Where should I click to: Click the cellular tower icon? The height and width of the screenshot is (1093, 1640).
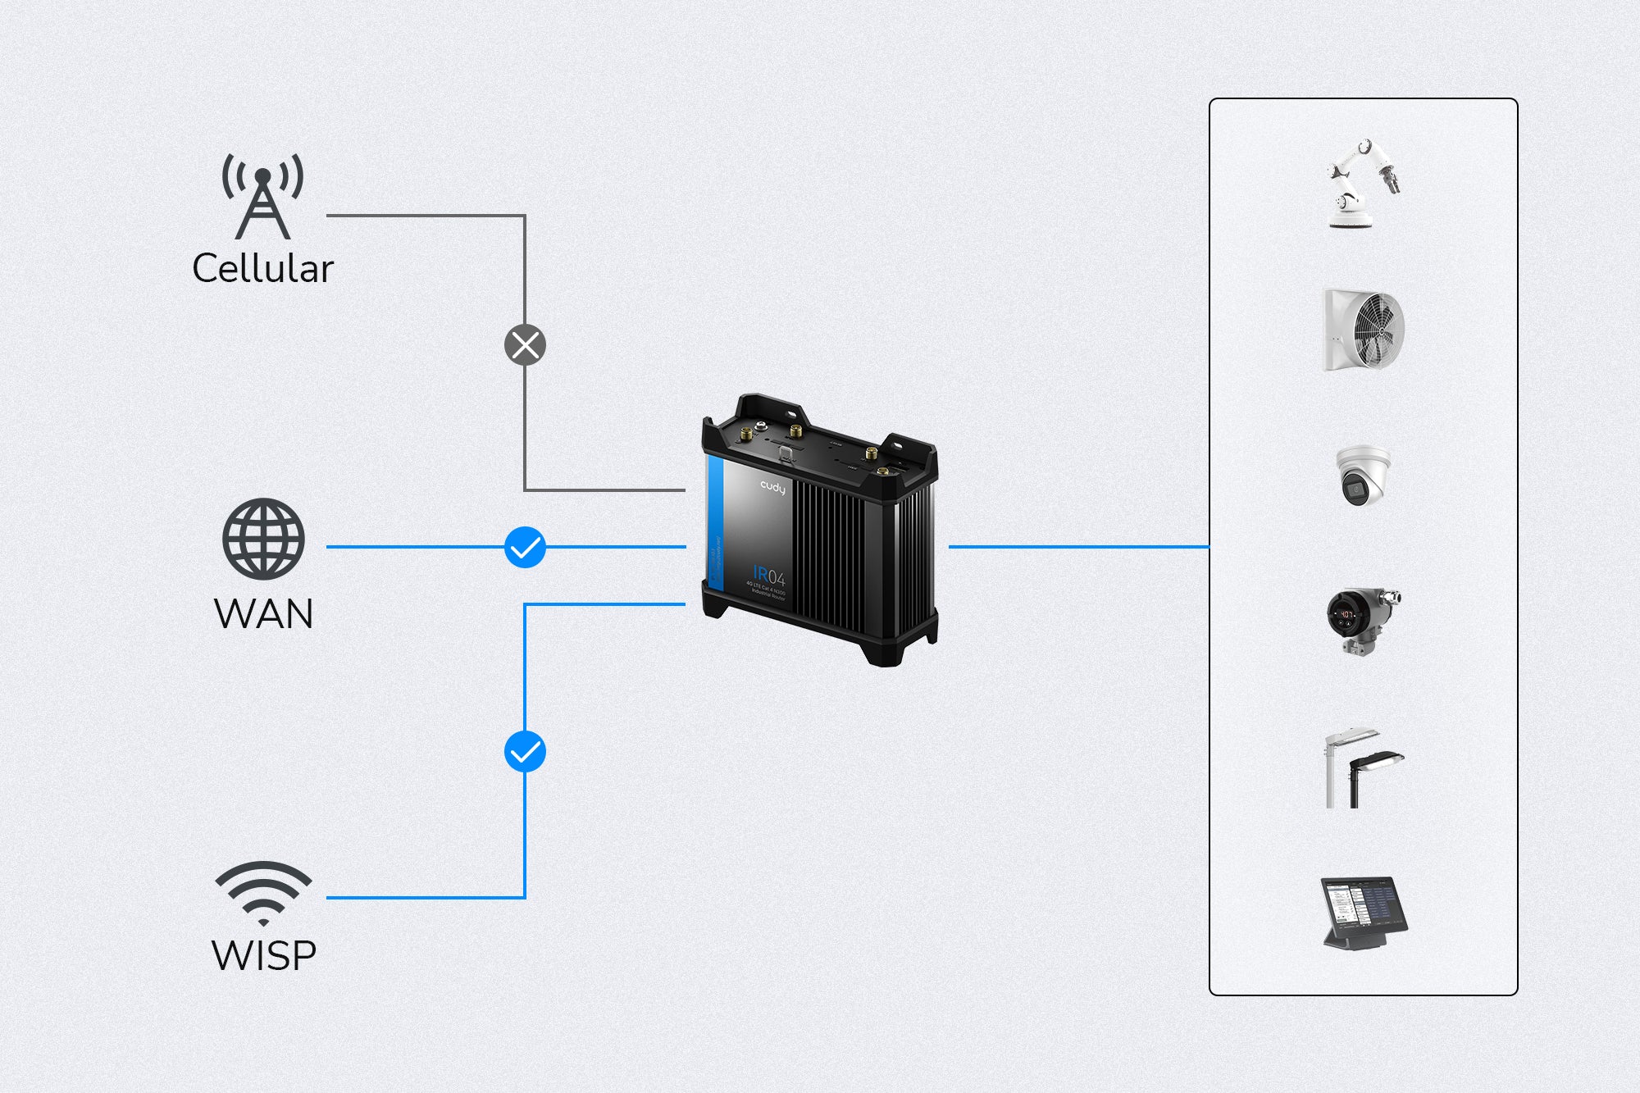tap(262, 197)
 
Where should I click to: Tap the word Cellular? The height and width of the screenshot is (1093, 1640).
tap(262, 269)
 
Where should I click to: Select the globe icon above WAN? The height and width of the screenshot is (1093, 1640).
tap(263, 539)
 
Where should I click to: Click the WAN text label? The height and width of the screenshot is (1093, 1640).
tap(263, 614)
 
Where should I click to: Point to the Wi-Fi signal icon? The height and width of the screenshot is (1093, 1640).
tap(263, 892)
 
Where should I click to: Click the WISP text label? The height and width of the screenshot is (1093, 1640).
tap(263, 956)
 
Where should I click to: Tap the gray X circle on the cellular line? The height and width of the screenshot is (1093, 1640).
tap(525, 345)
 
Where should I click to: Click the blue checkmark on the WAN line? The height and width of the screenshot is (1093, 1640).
tap(525, 547)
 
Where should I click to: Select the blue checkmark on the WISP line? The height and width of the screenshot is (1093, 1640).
tap(525, 751)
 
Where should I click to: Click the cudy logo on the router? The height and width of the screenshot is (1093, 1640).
tap(772, 488)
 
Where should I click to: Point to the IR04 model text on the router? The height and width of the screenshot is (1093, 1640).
tap(768, 575)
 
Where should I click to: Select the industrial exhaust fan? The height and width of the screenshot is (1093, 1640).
tap(1364, 330)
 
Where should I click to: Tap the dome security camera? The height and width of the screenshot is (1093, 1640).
tap(1361, 476)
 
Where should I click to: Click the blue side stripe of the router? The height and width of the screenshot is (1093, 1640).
tap(714, 525)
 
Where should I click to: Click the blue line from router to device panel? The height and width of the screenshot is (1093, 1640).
tap(1078, 546)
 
